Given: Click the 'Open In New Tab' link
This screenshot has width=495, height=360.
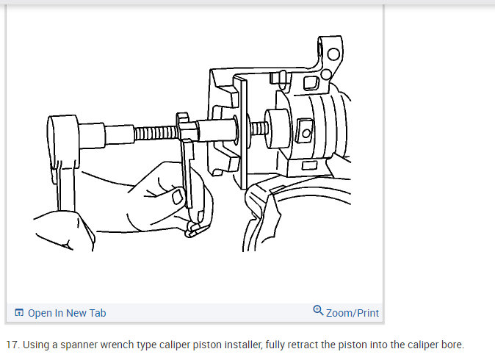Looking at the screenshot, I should click(x=67, y=313).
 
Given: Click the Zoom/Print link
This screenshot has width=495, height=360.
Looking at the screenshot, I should click(x=353, y=313).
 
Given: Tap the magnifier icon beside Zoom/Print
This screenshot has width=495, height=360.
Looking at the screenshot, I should click(x=318, y=312).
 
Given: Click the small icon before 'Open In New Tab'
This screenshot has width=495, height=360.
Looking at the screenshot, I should click(x=19, y=313).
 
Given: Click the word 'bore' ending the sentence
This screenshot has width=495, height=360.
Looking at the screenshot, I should click(x=451, y=345).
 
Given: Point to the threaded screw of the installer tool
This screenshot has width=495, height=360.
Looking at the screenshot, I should click(x=155, y=134).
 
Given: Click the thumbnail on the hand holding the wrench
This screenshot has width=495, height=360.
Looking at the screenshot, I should click(x=178, y=197).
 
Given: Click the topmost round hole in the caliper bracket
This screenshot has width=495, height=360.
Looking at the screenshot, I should click(x=333, y=54).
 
